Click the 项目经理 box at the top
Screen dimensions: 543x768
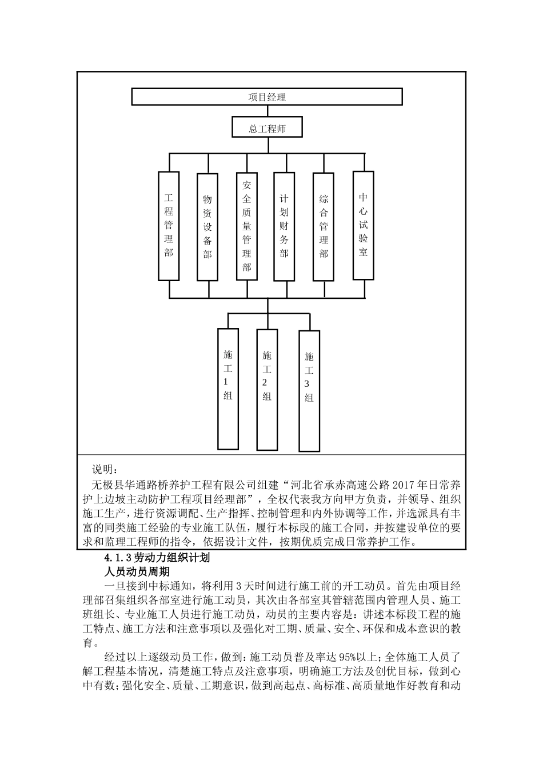click(267, 97)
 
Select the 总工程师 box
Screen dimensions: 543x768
click(267, 128)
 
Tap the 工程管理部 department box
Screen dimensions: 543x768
click(169, 226)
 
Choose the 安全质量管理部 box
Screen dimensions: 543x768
click(247, 226)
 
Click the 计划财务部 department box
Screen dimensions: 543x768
click(284, 226)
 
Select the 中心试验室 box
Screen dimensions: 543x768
click(363, 225)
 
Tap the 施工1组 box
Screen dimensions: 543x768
click(228, 389)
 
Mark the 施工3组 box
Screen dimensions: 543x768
click(309, 391)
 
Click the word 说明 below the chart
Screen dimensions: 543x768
click(105, 470)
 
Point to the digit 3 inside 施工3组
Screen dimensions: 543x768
click(309, 384)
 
